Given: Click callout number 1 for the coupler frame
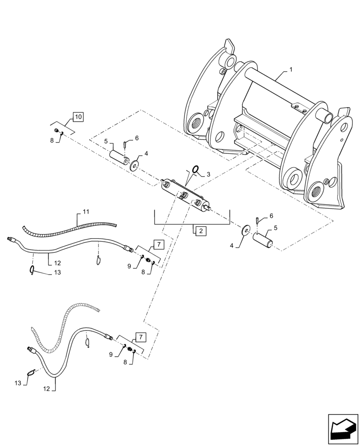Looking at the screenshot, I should (x=290, y=70).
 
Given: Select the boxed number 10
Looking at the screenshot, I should (x=78, y=117).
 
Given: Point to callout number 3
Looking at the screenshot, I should (x=207, y=174).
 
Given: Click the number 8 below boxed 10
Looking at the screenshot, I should (x=52, y=140).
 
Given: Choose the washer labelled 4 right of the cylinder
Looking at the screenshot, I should (x=245, y=231).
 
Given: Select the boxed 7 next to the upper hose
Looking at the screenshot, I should (x=159, y=244).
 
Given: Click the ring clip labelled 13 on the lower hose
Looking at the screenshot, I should (x=30, y=373).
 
